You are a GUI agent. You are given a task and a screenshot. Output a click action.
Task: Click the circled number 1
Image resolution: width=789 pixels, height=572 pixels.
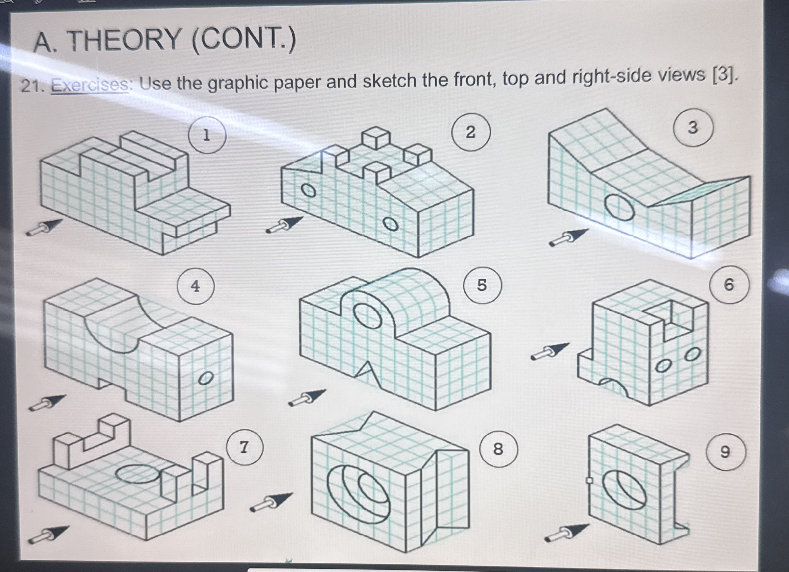pos(207,135)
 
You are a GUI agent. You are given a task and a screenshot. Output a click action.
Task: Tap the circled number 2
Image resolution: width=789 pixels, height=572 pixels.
pos(471,132)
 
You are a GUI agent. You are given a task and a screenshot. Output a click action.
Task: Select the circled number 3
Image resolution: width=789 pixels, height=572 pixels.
pos(692,128)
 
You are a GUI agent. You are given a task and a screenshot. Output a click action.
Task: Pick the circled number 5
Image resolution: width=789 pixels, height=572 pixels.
pos(482,285)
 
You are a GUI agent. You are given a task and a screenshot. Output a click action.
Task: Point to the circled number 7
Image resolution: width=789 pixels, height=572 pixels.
pos(244,447)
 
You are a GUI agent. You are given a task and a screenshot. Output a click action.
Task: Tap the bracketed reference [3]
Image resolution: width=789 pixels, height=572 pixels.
pos(725,75)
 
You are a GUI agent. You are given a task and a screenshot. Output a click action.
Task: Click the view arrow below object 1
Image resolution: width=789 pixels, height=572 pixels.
pos(45,228)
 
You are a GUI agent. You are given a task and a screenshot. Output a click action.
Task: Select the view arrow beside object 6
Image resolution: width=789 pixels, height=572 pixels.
pos(550,351)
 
